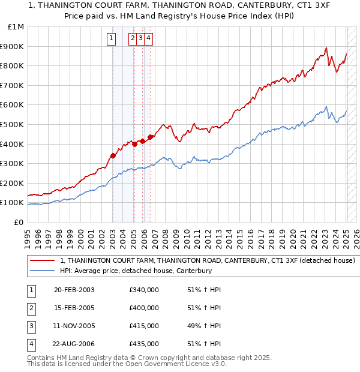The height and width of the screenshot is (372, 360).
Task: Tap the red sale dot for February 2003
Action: [113, 155]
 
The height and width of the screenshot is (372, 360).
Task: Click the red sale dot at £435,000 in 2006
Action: [150, 137]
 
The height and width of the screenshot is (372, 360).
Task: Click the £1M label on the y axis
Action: [16, 27]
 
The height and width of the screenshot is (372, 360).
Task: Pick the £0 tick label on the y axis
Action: [19, 222]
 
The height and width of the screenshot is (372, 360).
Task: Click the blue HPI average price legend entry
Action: [136, 271]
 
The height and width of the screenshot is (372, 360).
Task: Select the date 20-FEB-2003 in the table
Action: [74, 290]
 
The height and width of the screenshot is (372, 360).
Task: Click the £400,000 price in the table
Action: [144, 308]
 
